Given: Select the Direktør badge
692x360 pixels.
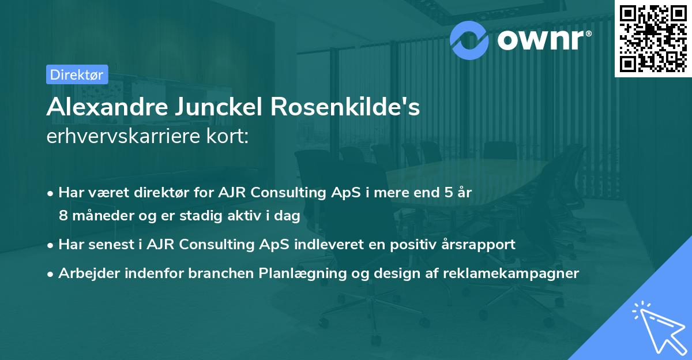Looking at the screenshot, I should (x=77, y=74).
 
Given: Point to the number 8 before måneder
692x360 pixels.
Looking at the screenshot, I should (x=63, y=216).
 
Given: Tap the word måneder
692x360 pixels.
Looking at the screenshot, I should (x=98, y=216).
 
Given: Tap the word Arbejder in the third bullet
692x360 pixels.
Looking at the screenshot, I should (x=85, y=273).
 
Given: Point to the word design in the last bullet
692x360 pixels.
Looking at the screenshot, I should (x=404, y=273).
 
